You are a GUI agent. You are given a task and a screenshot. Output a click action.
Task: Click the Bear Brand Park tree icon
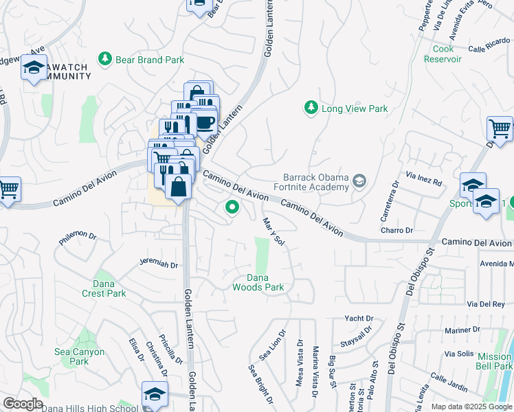coord(105,60)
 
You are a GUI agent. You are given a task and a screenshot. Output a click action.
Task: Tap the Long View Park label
coord(355,108)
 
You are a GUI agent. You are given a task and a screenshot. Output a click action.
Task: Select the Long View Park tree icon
coord(311,108)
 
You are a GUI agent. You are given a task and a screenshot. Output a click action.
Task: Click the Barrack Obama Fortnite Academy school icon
coord(359,182)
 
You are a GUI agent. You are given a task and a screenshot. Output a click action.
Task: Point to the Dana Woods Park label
coord(257,282)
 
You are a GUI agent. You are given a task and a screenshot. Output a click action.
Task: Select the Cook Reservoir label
coord(447,54)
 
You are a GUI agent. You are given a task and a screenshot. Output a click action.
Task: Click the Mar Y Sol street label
coord(273,232)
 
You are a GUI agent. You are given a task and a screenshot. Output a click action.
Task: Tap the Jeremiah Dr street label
coord(159,264)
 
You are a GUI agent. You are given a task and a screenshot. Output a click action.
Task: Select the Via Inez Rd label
coord(424,179)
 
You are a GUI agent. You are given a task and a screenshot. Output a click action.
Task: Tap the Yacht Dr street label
coord(359,319)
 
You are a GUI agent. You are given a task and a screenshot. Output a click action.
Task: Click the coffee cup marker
coord(205,122)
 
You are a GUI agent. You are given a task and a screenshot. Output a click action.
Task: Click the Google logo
coord(23,404)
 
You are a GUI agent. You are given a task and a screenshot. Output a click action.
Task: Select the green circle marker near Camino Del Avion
coord(232,206)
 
